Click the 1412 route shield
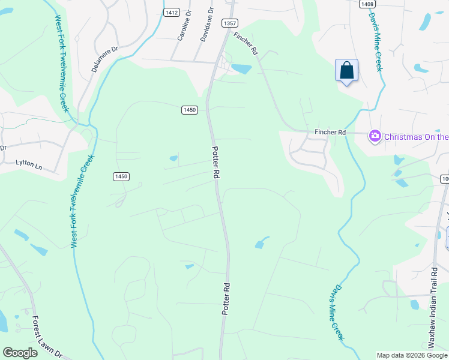click(172, 12)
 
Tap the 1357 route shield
click(229, 23)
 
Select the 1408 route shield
click(367, 4)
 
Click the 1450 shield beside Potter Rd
click(190, 110)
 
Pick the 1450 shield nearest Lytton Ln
click(121, 176)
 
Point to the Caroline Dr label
click(181, 28)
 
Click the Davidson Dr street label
click(203, 25)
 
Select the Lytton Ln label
click(30, 163)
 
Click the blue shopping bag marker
click(346, 71)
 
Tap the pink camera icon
click(375, 137)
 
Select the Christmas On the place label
click(416, 137)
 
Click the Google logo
click(20, 353)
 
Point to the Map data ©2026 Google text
click(412, 355)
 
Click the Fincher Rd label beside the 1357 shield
click(246, 44)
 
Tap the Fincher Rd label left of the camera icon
click(331, 132)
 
